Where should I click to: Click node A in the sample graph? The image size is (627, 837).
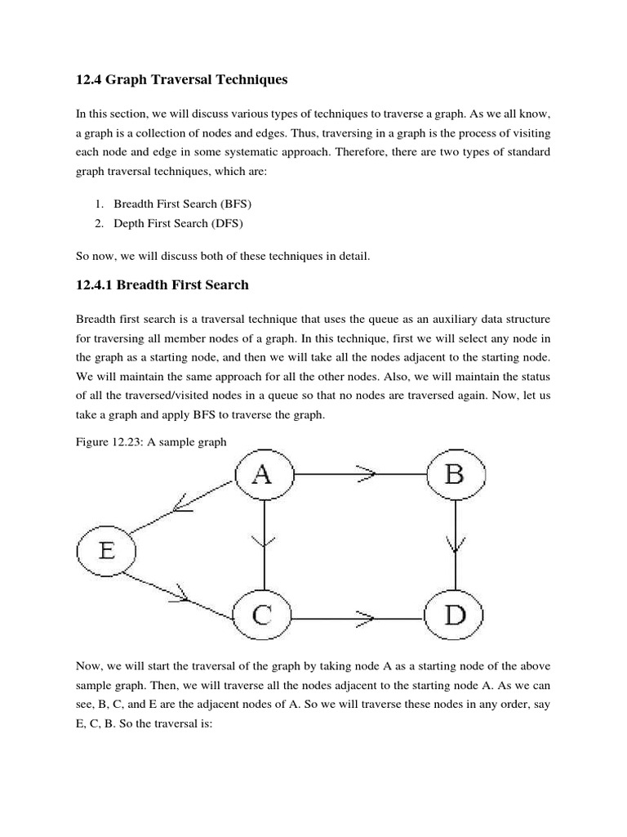pos(263,474)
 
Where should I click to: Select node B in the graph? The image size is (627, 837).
pos(456,474)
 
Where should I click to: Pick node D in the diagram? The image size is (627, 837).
pos(456,615)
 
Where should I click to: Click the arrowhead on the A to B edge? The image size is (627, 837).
pos(365,474)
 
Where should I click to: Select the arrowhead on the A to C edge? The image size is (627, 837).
pos(264,541)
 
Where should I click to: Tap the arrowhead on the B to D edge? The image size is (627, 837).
pos(456,542)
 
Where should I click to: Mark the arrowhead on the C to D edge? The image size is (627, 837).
pos(365,615)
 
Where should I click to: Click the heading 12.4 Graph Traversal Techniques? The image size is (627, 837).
pos(182,80)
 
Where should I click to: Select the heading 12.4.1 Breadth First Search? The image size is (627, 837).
pos(162,284)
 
